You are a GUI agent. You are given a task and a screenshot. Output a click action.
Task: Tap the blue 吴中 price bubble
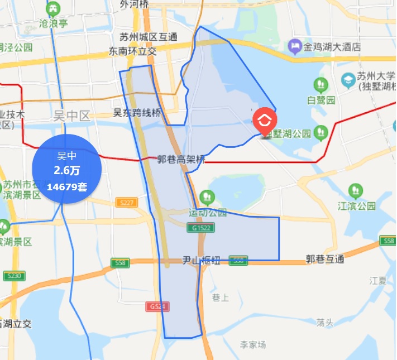tap(67, 169)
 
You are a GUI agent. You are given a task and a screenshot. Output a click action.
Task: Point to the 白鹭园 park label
tap(321, 100)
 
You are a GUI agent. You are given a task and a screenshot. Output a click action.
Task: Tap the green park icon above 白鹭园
tap(321, 85)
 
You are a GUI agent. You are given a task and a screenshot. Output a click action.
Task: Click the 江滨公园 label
tap(356, 206)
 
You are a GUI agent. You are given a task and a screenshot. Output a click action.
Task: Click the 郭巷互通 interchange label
tap(325, 259)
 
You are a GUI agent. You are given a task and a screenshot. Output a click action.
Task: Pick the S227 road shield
tap(126, 203)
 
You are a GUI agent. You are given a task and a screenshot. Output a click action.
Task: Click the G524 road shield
tap(158, 307)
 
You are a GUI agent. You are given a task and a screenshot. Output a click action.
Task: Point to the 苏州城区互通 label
tap(149, 37)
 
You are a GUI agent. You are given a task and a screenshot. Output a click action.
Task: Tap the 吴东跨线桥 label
tap(137, 113)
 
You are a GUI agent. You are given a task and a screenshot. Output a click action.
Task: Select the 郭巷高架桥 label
tap(181, 160)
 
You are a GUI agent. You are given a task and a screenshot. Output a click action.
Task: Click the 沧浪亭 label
tap(54, 23)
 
